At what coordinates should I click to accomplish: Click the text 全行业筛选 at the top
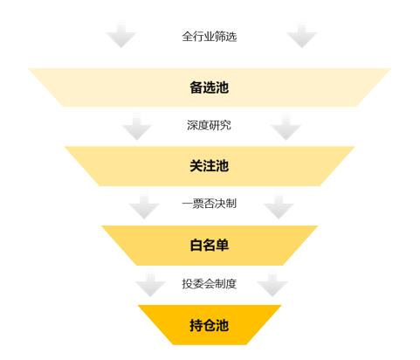coord(210,37)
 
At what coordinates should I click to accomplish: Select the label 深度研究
coord(209,125)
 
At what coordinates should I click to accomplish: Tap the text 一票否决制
coord(209,204)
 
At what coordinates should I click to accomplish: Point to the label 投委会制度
coord(209,283)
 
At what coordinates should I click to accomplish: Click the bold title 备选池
coord(209,87)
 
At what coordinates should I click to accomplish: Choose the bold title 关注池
coord(209,166)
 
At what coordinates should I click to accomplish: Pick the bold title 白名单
coord(209,245)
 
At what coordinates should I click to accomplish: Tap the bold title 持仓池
coord(209,325)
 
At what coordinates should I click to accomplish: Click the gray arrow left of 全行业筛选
coord(121,36)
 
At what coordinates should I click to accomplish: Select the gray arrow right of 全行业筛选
coord(302,36)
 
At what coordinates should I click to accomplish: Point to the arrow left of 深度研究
coord(136,127)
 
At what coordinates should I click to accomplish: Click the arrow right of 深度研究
coord(286,127)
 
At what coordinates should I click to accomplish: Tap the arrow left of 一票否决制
coord(144,207)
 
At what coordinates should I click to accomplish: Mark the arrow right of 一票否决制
coord(279,207)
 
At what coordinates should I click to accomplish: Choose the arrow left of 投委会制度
coord(150,285)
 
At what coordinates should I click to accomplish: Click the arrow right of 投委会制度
coord(272,285)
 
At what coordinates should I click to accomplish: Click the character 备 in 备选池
coord(196,87)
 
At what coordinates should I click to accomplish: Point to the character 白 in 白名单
coord(196,245)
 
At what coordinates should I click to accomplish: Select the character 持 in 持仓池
coord(196,325)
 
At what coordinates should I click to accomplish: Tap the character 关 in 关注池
coord(196,166)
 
